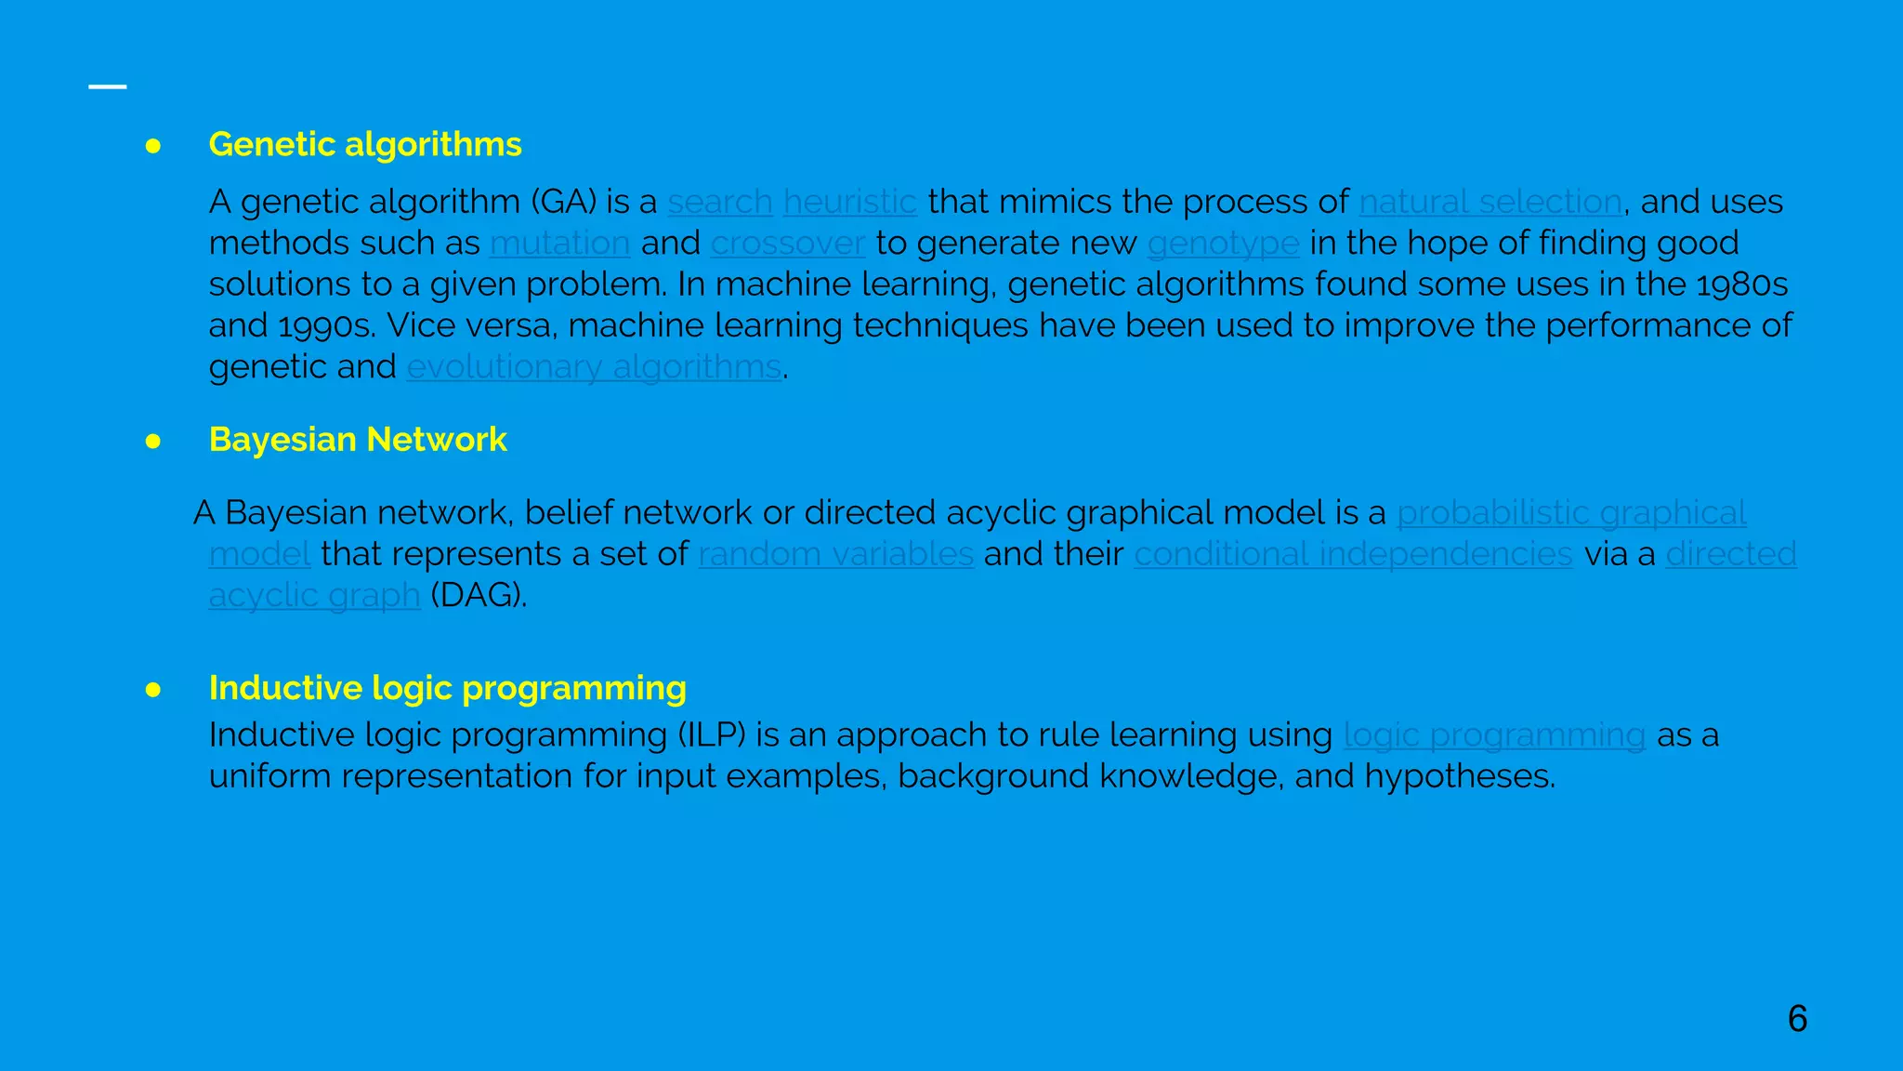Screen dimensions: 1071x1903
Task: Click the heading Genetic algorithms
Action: click(x=365, y=145)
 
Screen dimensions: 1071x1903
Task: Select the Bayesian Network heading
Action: click(x=358, y=440)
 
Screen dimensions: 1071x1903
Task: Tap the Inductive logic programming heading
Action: click(x=448, y=688)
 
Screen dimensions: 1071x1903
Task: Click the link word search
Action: click(x=720, y=202)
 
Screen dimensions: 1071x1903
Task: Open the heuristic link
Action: click(x=850, y=202)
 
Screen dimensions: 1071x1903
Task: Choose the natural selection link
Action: click(x=1490, y=202)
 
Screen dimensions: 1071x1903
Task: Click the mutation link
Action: click(x=560, y=244)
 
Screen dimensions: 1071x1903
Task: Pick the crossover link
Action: click(x=788, y=244)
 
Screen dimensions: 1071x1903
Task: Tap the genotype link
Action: click(x=1223, y=244)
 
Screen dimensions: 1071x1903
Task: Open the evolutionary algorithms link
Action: click(x=594, y=367)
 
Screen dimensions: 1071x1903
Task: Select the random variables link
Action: click(x=836, y=554)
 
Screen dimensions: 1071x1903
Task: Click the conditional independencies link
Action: click(x=1353, y=554)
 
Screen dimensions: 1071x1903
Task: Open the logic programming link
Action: click(x=1495, y=735)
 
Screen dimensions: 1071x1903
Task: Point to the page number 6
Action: click(x=1797, y=1019)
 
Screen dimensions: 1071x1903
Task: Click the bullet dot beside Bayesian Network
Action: click(x=153, y=441)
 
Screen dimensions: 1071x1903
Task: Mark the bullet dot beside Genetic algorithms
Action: click(x=153, y=146)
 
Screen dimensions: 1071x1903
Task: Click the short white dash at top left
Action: click(x=108, y=86)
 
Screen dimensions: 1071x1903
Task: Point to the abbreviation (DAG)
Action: click(x=478, y=595)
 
